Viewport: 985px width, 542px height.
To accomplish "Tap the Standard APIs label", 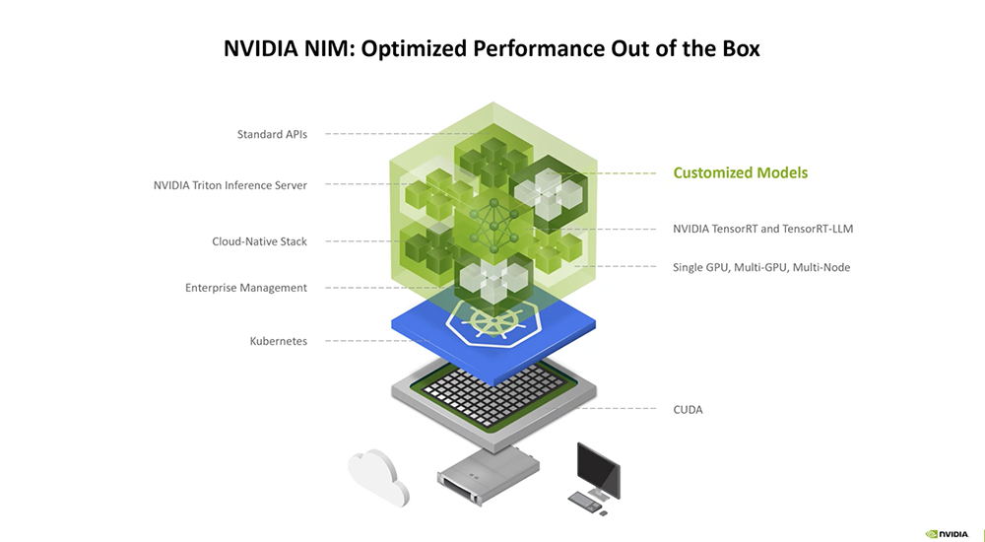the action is coord(272,134).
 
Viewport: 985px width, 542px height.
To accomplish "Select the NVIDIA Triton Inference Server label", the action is coord(230,185).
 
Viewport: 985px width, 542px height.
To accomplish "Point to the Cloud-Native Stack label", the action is coord(259,241).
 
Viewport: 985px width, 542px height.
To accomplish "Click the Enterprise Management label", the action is coord(246,288).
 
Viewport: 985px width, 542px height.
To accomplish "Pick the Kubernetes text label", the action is coord(279,341).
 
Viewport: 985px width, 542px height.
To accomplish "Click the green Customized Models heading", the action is coord(741,172).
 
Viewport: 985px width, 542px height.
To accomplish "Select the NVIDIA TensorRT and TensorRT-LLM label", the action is coord(763,229).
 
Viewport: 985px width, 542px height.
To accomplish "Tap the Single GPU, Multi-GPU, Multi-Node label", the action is coord(761,267).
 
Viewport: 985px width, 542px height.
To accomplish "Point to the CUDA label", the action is coord(688,410).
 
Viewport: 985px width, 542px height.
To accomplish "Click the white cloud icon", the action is coord(379,477).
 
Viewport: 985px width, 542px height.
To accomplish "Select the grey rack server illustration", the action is coord(489,474).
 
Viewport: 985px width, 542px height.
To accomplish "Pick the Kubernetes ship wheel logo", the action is coord(494,321).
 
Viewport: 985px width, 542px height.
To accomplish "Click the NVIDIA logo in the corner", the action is coord(948,534).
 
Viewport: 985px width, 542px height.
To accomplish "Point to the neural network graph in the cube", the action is coord(494,225).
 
